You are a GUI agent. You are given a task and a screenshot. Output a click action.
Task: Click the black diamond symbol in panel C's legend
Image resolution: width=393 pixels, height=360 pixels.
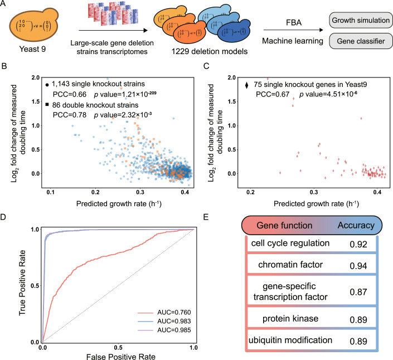tap(246, 86)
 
